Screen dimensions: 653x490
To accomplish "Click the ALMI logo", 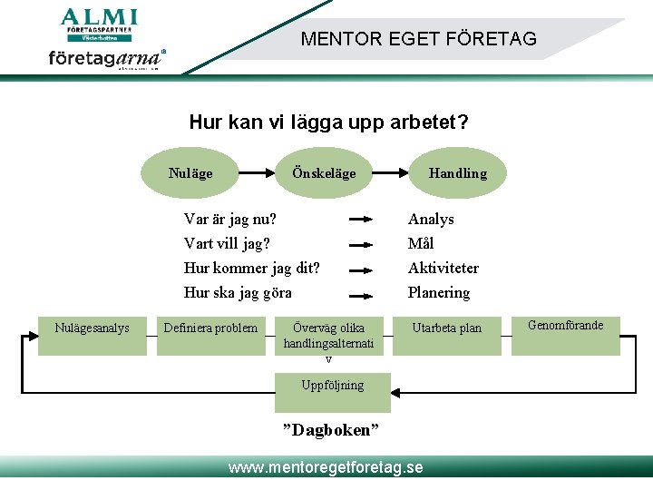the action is [98, 24].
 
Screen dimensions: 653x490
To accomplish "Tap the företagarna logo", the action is [106, 59].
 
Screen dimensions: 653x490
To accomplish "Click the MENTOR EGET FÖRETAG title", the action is [418, 39].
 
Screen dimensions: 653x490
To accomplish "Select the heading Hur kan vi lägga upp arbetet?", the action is [328, 122].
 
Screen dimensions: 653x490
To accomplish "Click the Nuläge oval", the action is [190, 172].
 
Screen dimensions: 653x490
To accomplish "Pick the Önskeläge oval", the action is [324, 172].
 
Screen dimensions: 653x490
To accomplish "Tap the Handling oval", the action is [457, 172].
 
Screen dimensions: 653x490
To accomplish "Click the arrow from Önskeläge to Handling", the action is [392, 172].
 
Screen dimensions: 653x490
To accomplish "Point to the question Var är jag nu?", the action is [230, 219].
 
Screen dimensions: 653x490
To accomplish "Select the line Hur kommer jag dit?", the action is [251, 268].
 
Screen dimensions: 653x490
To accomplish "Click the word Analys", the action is [431, 219].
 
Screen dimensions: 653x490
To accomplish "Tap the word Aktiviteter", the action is [443, 268].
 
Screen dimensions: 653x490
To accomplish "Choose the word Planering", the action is [439, 292].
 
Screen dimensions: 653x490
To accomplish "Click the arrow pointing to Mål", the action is [361, 244].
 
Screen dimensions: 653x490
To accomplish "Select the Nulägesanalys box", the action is [92, 328].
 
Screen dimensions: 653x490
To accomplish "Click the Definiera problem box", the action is [210, 328].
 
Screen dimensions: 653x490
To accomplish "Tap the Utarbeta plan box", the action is [446, 328].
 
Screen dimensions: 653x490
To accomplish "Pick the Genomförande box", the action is [565, 326].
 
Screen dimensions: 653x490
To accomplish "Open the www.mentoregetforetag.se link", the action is [326, 467].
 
